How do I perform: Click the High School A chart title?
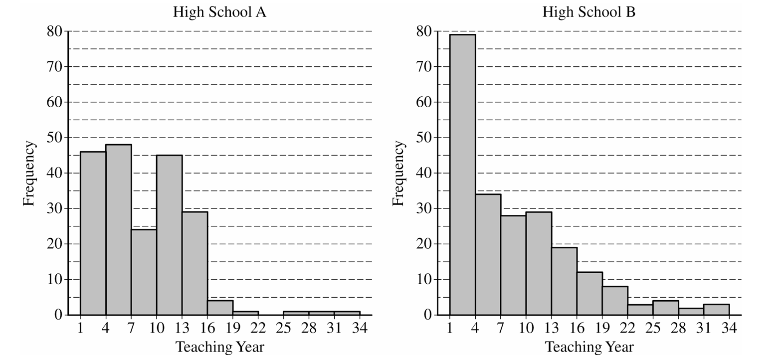pyautogui.click(x=219, y=12)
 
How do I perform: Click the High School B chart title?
pyautogui.click(x=589, y=12)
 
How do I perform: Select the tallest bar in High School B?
pyautogui.click(x=462, y=175)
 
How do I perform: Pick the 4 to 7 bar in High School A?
pyautogui.click(x=119, y=230)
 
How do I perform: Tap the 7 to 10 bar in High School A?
pyautogui.click(x=144, y=272)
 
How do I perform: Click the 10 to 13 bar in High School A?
pyautogui.click(x=170, y=235)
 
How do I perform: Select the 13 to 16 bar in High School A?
pyautogui.click(x=195, y=263)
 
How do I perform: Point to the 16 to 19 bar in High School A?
pyautogui.click(x=220, y=308)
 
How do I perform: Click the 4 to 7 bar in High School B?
pyautogui.click(x=488, y=255)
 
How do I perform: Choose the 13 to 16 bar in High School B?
pyautogui.click(x=564, y=281)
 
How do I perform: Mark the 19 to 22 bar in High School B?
pyautogui.click(x=615, y=301)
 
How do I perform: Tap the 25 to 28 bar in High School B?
pyautogui.click(x=666, y=308)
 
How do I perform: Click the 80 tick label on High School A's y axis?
pyautogui.click(x=54, y=31)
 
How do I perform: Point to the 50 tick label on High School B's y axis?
pyautogui.click(x=424, y=138)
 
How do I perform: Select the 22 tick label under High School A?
pyautogui.click(x=258, y=328)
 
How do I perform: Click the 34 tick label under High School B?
pyautogui.click(x=729, y=328)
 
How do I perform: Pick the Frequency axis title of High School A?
pyautogui.click(x=29, y=173)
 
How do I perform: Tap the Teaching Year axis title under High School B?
pyautogui.click(x=589, y=347)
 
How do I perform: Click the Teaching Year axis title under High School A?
pyautogui.click(x=219, y=347)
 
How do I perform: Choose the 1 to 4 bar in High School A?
pyautogui.click(x=93, y=233)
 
